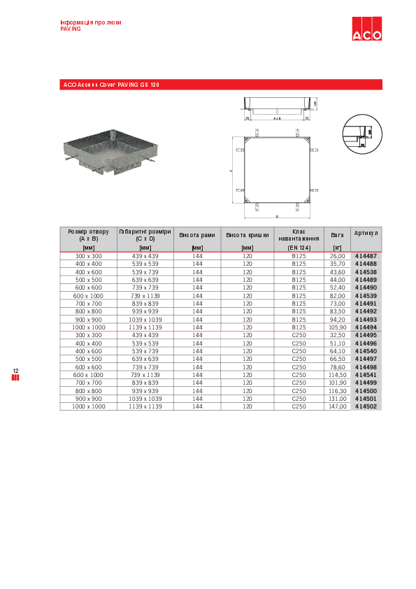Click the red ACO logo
tap(366, 30)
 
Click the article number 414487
tap(366, 256)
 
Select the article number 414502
tap(366, 406)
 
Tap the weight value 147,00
tap(338, 406)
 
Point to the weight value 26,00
tap(338, 256)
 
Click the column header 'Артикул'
tap(366, 233)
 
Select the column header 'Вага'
tap(337, 236)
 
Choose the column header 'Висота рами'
tap(197, 236)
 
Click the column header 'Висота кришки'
tap(247, 236)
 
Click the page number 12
tap(15, 370)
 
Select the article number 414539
tap(366, 296)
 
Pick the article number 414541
tap(366, 375)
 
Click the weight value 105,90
tap(338, 327)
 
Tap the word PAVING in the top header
tap(71, 29)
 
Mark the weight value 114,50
tap(338, 375)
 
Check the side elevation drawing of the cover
tap(277, 109)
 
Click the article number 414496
tap(366, 343)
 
